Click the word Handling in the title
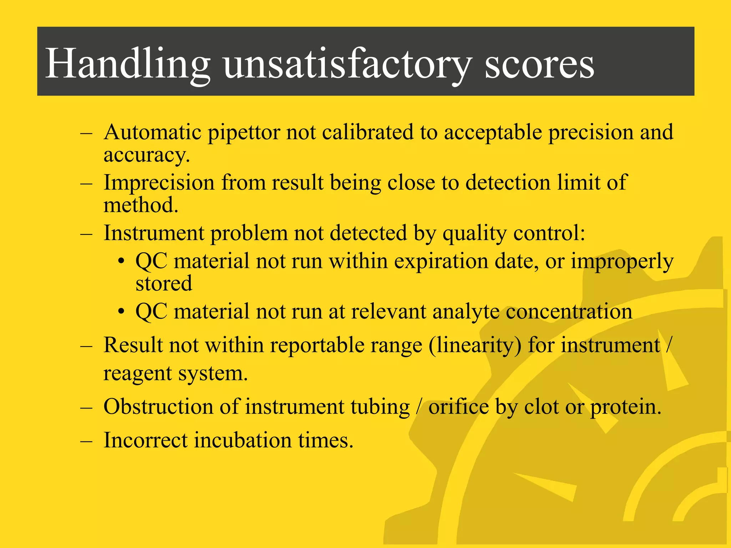pyautogui.click(x=128, y=64)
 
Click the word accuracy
pyautogui.click(x=146, y=156)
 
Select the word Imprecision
pyautogui.click(x=159, y=183)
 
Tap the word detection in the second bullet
pyautogui.click(x=508, y=183)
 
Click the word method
pyautogui.click(x=141, y=205)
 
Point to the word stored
pyautogui.click(x=164, y=283)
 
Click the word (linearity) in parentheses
pyautogui.click(x=475, y=346)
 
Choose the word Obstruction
pyautogui.click(x=158, y=407)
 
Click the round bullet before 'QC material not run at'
pyautogui.click(x=121, y=312)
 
